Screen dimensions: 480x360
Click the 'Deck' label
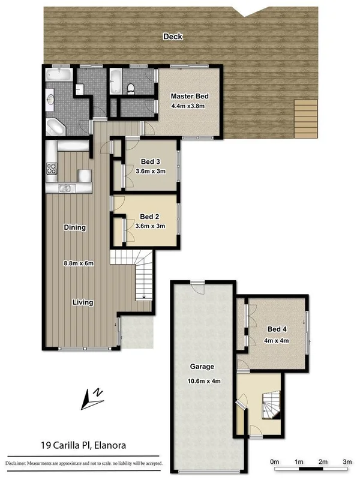(173, 37)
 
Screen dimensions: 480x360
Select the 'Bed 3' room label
(150, 161)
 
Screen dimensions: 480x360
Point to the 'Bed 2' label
(149, 217)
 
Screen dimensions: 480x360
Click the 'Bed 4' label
(277, 329)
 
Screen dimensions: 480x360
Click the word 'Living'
(83, 302)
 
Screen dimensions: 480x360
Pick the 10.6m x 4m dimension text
(202, 380)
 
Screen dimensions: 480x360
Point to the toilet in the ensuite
(131, 88)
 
